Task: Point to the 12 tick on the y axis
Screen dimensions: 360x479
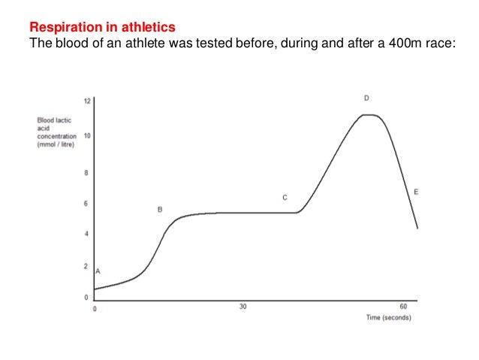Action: pyautogui.click(x=87, y=101)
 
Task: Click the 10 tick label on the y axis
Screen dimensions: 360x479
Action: pyautogui.click(x=87, y=136)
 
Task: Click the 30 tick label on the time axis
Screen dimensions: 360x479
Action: pyautogui.click(x=243, y=307)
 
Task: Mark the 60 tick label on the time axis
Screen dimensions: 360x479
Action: pyautogui.click(x=403, y=307)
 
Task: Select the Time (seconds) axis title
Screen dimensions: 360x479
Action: pyautogui.click(x=388, y=318)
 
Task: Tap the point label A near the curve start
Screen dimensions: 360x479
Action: pyautogui.click(x=98, y=271)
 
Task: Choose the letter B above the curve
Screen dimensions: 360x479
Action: pyautogui.click(x=159, y=210)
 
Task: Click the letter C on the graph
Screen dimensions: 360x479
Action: pyautogui.click(x=285, y=198)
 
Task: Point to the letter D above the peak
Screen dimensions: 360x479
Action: pyautogui.click(x=366, y=98)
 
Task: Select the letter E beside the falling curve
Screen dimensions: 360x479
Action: pyautogui.click(x=416, y=192)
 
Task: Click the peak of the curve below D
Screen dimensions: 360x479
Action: pyautogui.click(x=368, y=115)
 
